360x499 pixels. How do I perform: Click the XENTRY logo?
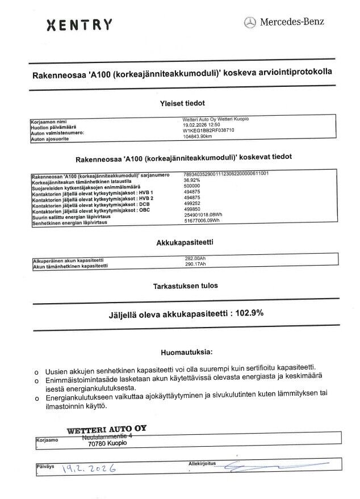click(78, 24)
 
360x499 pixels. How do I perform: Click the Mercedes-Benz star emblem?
click(250, 23)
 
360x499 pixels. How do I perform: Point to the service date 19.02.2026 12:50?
click(197, 125)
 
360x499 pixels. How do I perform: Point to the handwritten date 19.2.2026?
click(90, 469)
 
